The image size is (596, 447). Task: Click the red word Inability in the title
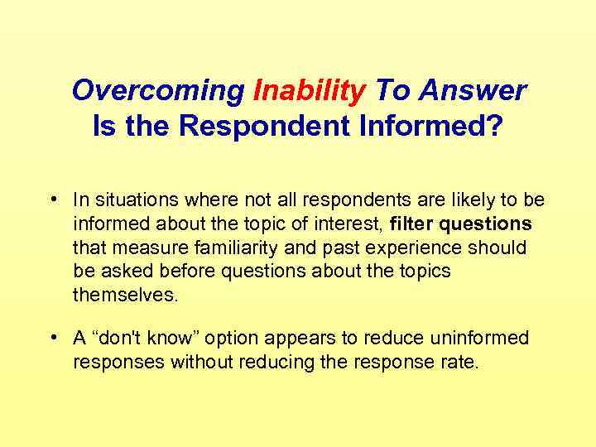point(309,90)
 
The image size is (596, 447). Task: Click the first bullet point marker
point(53,200)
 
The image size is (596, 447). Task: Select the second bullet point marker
point(53,339)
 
